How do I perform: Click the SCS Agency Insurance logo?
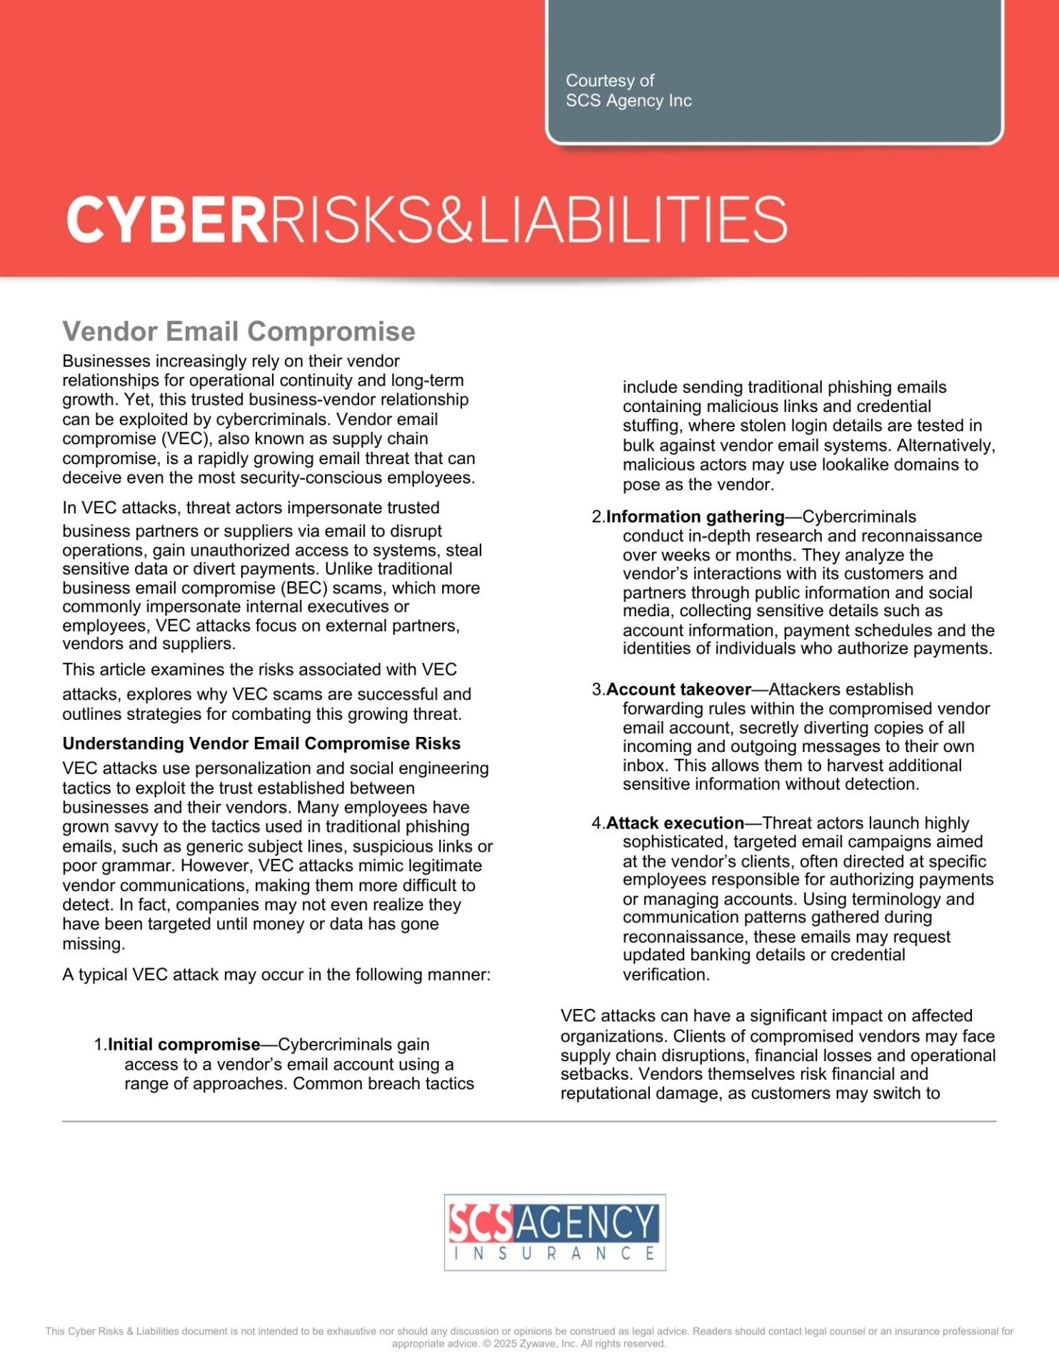(554, 1232)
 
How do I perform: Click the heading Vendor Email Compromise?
(239, 331)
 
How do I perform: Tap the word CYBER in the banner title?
(167, 220)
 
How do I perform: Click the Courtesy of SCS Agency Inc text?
(628, 91)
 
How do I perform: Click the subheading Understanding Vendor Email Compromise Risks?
(261, 743)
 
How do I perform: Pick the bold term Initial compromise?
(184, 1045)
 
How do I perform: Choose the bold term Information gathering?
(695, 516)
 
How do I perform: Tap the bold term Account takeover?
(678, 689)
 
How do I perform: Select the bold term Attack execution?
(675, 823)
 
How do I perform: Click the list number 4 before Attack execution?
(597, 823)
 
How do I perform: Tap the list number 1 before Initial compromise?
(99, 1045)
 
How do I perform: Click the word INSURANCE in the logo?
(554, 1253)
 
